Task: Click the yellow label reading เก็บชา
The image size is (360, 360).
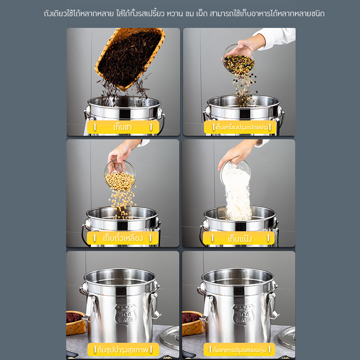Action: [123, 127]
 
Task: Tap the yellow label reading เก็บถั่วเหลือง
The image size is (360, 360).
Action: [122, 238]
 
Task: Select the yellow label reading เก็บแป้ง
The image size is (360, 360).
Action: [239, 238]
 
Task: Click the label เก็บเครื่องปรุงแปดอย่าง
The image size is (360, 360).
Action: [240, 127]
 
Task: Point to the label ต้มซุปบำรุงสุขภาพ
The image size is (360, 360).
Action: [123, 350]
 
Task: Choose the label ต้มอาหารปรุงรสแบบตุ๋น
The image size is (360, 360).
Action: [239, 350]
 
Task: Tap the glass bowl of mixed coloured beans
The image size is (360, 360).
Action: [239, 59]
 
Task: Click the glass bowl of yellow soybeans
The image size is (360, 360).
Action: [120, 175]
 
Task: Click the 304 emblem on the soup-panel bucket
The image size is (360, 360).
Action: [126, 314]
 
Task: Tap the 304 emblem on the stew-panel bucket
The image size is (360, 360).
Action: [243, 314]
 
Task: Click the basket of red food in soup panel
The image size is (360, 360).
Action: [76, 323]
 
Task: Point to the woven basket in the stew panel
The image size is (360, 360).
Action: [193, 323]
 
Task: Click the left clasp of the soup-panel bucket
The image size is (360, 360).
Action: [90, 308]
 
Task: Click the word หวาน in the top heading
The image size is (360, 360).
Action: [175, 14]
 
